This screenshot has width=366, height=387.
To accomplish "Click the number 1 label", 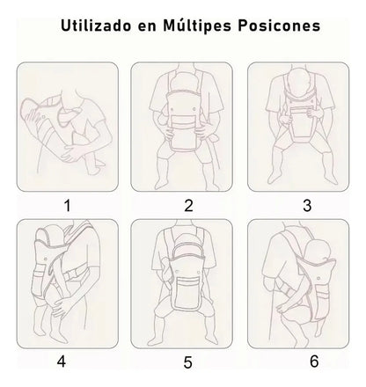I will (64, 207).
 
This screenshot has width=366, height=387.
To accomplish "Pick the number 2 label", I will (187, 207).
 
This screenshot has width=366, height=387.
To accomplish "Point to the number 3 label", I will (306, 207).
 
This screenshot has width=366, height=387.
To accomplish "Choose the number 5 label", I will (187, 360).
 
